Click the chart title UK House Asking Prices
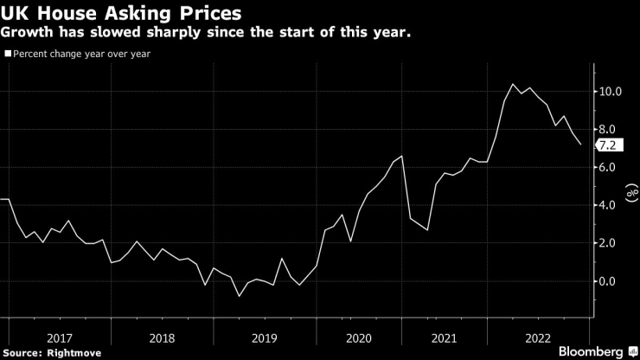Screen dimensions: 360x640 [x=121, y=14]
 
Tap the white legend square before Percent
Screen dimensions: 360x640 [x=8, y=53]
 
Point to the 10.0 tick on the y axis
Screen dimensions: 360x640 [x=611, y=91]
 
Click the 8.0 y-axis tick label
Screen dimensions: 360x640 [x=608, y=129]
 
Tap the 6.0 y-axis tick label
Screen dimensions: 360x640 [x=608, y=167]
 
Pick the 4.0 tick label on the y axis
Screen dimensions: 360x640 [x=608, y=205]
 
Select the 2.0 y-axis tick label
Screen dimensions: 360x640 [x=608, y=243]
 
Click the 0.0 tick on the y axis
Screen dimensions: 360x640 [x=608, y=281]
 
